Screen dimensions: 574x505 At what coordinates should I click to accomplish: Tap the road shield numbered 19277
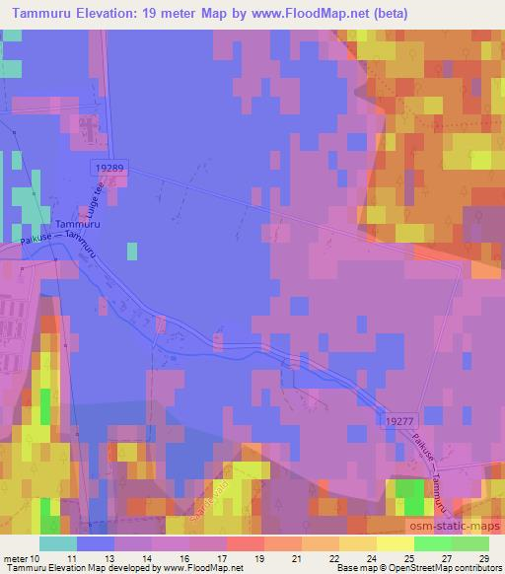[x=395, y=419]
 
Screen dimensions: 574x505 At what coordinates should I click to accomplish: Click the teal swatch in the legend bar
[x=58, y=543]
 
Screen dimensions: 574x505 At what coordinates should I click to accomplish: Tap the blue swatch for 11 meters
[x=95, y=543]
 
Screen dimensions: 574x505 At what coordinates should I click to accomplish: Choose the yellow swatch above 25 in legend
[x=395, y=543]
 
